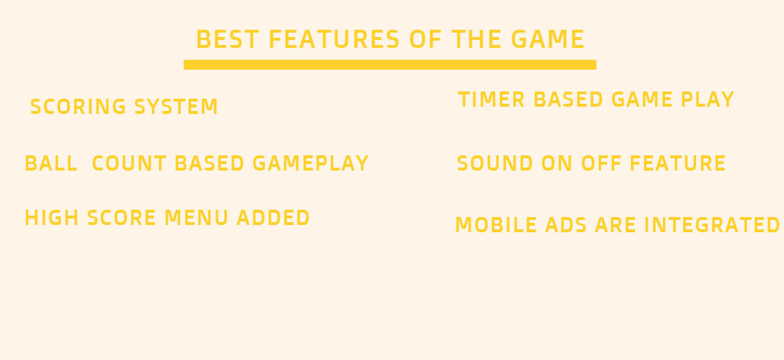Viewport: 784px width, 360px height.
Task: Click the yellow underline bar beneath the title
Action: tap(390, 65)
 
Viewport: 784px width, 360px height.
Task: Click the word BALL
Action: tap(51, 164)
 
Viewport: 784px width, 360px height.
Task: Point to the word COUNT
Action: tap(129, 164)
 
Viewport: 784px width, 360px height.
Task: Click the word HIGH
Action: tap(52, 218)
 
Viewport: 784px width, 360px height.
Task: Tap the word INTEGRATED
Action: tap(712, 226)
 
